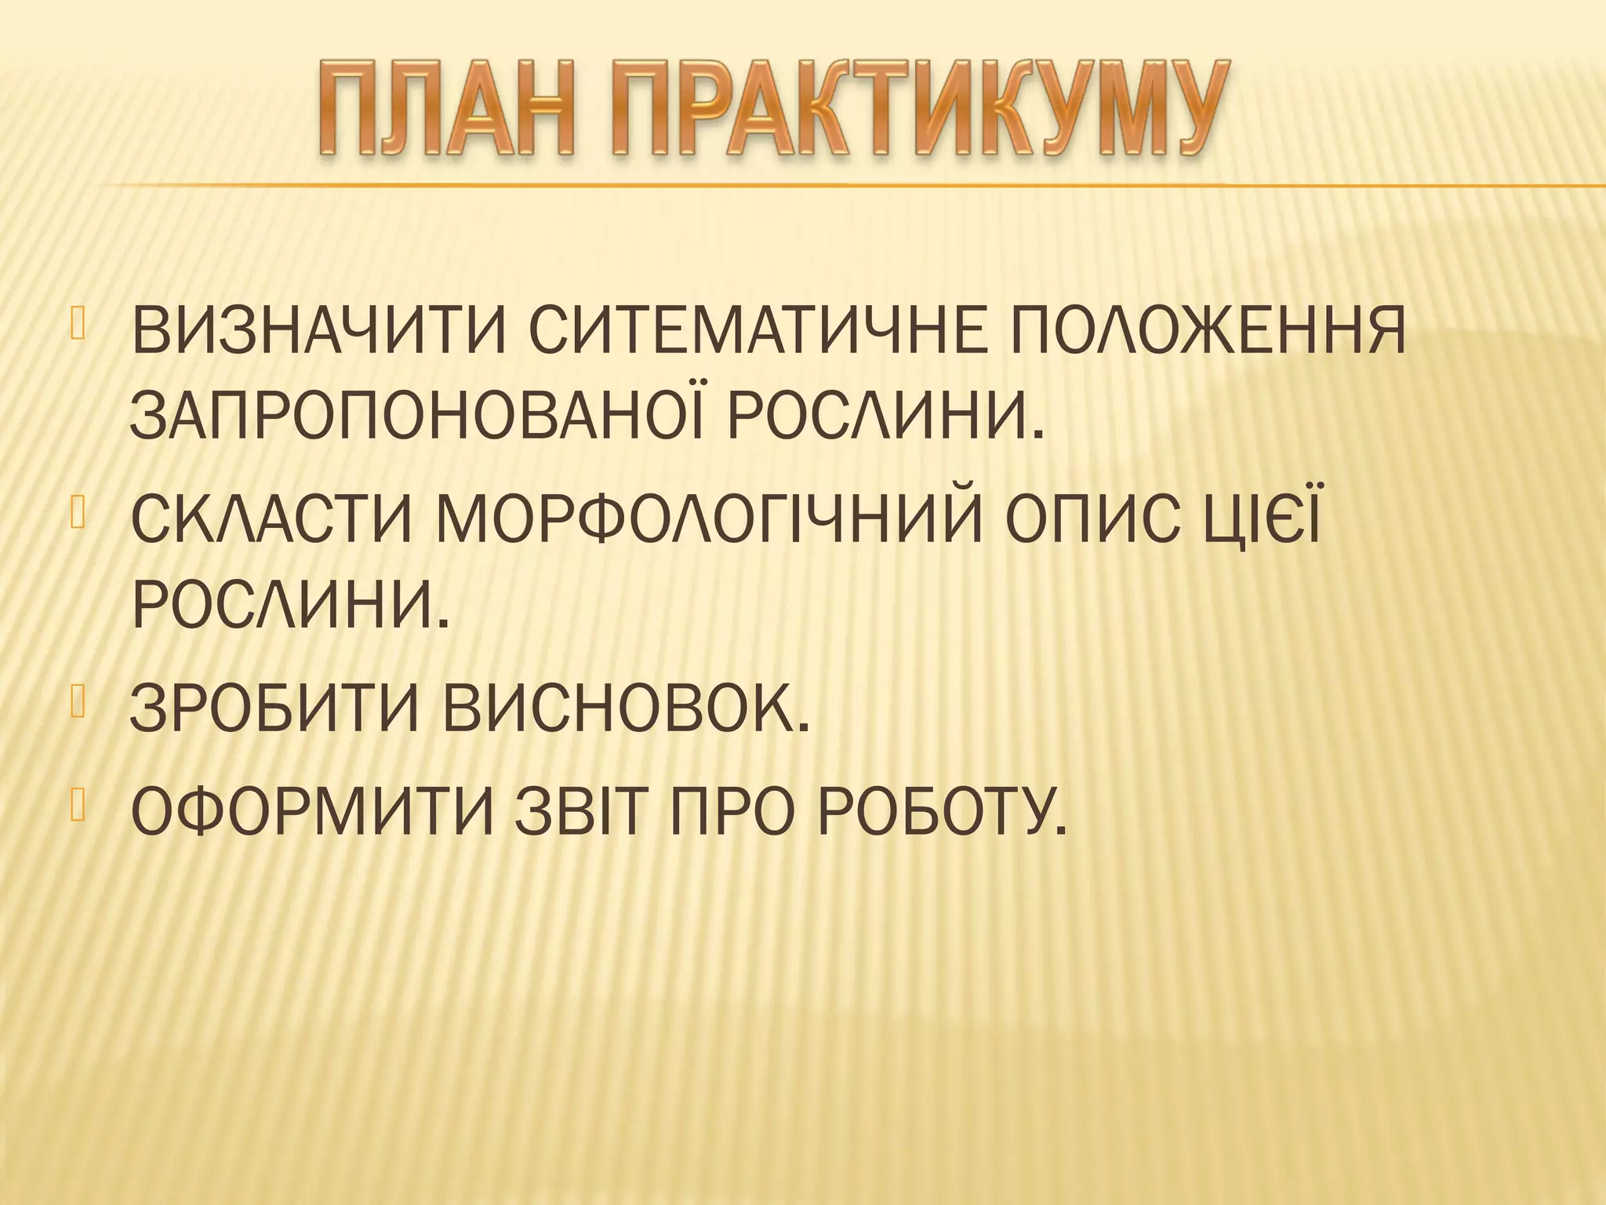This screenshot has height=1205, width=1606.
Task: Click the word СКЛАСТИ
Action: coord(267,519)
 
